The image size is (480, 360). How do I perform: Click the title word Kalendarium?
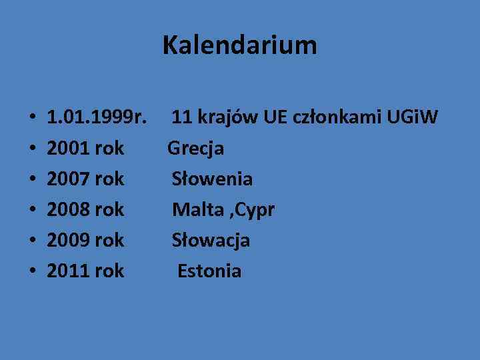point(239,46)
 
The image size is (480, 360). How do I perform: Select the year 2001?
point(69,149)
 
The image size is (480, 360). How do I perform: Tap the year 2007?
point(69,179)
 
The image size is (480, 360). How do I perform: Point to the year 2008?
point(69,209)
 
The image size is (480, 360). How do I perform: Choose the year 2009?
point(69,240)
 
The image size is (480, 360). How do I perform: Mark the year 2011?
point(69,271)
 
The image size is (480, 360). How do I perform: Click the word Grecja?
point(195,149)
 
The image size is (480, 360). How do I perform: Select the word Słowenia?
point(212,179)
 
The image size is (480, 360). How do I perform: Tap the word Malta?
point(197,209)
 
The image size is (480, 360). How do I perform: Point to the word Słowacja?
point(211,240)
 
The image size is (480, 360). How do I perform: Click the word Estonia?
point(209,271)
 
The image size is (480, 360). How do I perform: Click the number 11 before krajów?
point(181,118)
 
